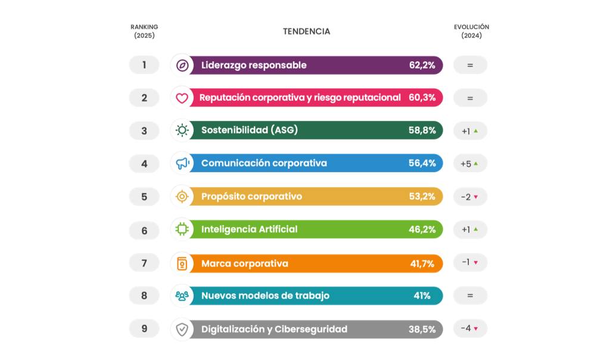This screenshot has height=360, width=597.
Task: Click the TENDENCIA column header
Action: pos(306,32)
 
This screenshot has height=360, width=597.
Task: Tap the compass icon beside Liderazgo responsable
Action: pos(182,65)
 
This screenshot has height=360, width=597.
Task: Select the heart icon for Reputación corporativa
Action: pos(182,98)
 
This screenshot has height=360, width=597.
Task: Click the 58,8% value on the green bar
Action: pos(422,131)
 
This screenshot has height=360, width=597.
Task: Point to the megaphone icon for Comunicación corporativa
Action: pos(182,163)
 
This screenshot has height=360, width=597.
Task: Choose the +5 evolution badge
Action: pos(470,163)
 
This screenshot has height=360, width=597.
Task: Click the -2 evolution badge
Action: pos(470,197)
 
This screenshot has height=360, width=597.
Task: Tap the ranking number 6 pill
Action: pos(144,229)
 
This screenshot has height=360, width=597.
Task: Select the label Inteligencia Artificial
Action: pos(249,229)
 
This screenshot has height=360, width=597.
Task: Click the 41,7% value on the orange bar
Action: pos(422,263)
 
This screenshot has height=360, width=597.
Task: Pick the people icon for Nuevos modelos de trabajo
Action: pos(182,296)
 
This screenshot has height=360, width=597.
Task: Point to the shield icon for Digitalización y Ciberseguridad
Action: pos(182,329)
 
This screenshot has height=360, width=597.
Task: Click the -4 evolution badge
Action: pos(470,328)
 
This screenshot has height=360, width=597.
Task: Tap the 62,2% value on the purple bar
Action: pos(422,65)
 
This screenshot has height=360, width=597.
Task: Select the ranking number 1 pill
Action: pos(144,64)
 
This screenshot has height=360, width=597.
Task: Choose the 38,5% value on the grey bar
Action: pos(422,329)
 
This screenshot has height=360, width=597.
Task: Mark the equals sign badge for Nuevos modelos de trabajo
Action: pos(470,296)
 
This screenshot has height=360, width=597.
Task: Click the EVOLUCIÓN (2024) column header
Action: pos(471,31)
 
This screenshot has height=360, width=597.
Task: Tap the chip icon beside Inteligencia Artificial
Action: pos(182,229)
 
